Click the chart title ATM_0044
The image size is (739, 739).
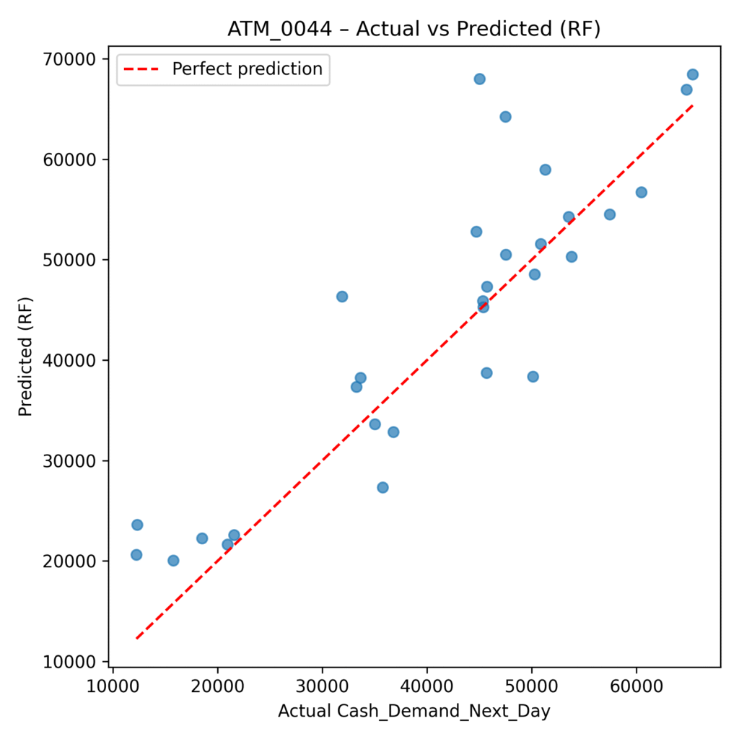point(414,29)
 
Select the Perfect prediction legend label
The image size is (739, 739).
point(247,69)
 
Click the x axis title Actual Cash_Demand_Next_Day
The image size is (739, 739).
point(414,712)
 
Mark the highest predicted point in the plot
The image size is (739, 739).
point(692,74)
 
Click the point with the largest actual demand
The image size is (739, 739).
point(692,74)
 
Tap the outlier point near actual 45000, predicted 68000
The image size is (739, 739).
point(479,79)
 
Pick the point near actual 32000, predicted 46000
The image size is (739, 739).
point(342,297)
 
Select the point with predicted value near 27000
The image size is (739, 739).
point(382,487)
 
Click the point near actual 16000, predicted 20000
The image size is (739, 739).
point(173,561)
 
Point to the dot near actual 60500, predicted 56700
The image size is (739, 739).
point(641,192)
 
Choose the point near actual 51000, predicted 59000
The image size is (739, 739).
point(545,170)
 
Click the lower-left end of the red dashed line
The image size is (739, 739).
point(136,639)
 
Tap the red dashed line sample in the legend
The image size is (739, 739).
point(143,70)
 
